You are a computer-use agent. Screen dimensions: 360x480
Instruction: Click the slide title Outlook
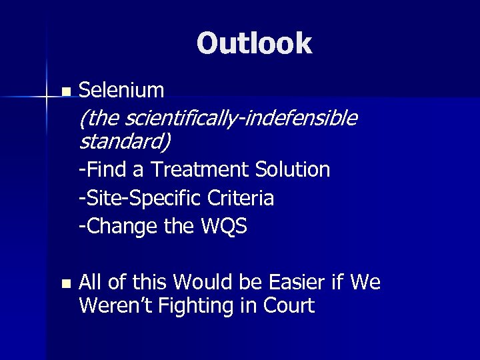[x=254, y=43]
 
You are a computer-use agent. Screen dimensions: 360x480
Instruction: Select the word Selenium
[x=121, y=89]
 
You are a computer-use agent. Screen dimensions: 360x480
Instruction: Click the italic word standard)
[x=125, y=141]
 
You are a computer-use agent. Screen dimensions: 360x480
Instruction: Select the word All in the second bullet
[x=90, y=283]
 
